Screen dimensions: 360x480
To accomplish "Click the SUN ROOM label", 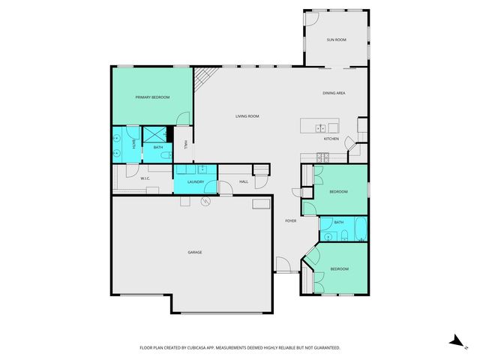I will click(335, 39).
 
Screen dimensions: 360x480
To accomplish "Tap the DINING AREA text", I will click(334, 92).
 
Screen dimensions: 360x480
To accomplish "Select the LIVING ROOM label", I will click(247, 116).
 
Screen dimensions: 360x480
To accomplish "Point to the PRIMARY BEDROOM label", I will click(152, 97).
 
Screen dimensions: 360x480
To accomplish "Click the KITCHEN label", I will click(331, 139).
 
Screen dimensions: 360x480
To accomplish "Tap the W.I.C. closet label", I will click(145, 178).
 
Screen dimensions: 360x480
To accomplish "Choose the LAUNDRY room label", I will click(196, 181).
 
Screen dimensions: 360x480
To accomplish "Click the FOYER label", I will click(291, 220).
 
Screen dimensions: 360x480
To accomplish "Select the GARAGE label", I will click(195, 252).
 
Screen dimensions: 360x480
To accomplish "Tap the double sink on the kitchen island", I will click(321, 127).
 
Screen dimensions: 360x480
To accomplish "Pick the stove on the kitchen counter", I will click(322, 157).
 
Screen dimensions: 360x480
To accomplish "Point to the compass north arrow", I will click(454, 340).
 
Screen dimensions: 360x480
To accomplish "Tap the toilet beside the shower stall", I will click(169, 146).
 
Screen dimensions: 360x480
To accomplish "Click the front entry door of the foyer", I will click(283, 264).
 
